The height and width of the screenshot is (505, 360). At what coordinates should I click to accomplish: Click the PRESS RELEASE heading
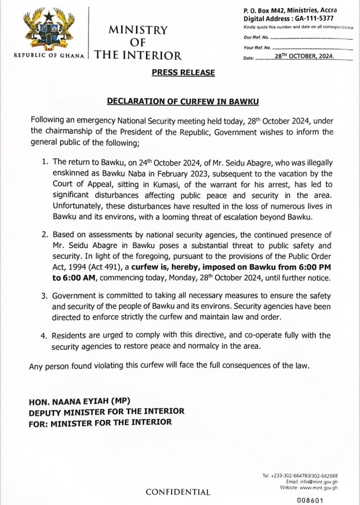click(183, 73)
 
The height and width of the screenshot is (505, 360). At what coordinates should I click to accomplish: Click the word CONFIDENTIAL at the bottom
click(178, 492)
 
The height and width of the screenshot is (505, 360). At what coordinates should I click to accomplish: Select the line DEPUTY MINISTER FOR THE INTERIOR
click(106, 412)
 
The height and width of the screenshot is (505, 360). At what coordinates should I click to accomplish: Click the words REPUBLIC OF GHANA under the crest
click(49, 55)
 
